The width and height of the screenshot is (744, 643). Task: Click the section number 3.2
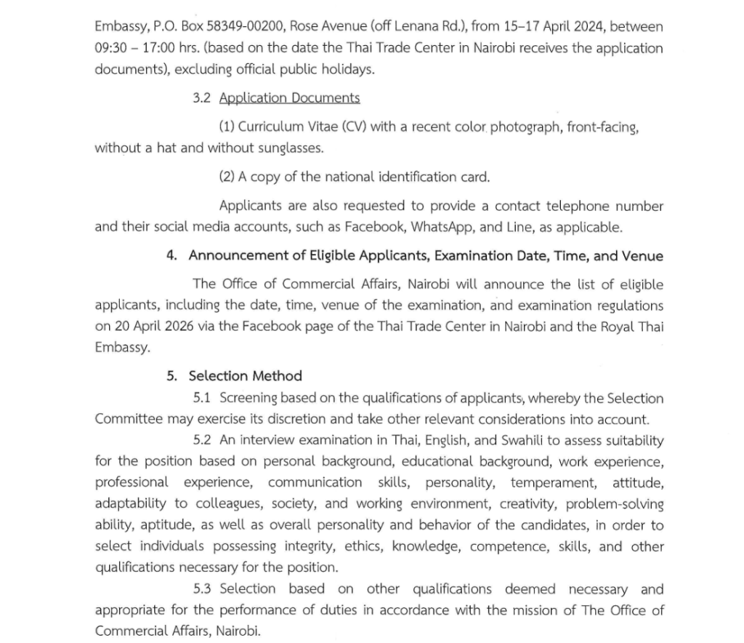(201, 97)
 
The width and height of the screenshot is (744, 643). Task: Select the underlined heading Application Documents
(289, 97)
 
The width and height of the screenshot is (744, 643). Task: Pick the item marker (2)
(227, 177)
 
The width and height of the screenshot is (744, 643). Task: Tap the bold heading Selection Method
(245, 376)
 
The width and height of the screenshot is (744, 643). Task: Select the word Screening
(248, 398)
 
